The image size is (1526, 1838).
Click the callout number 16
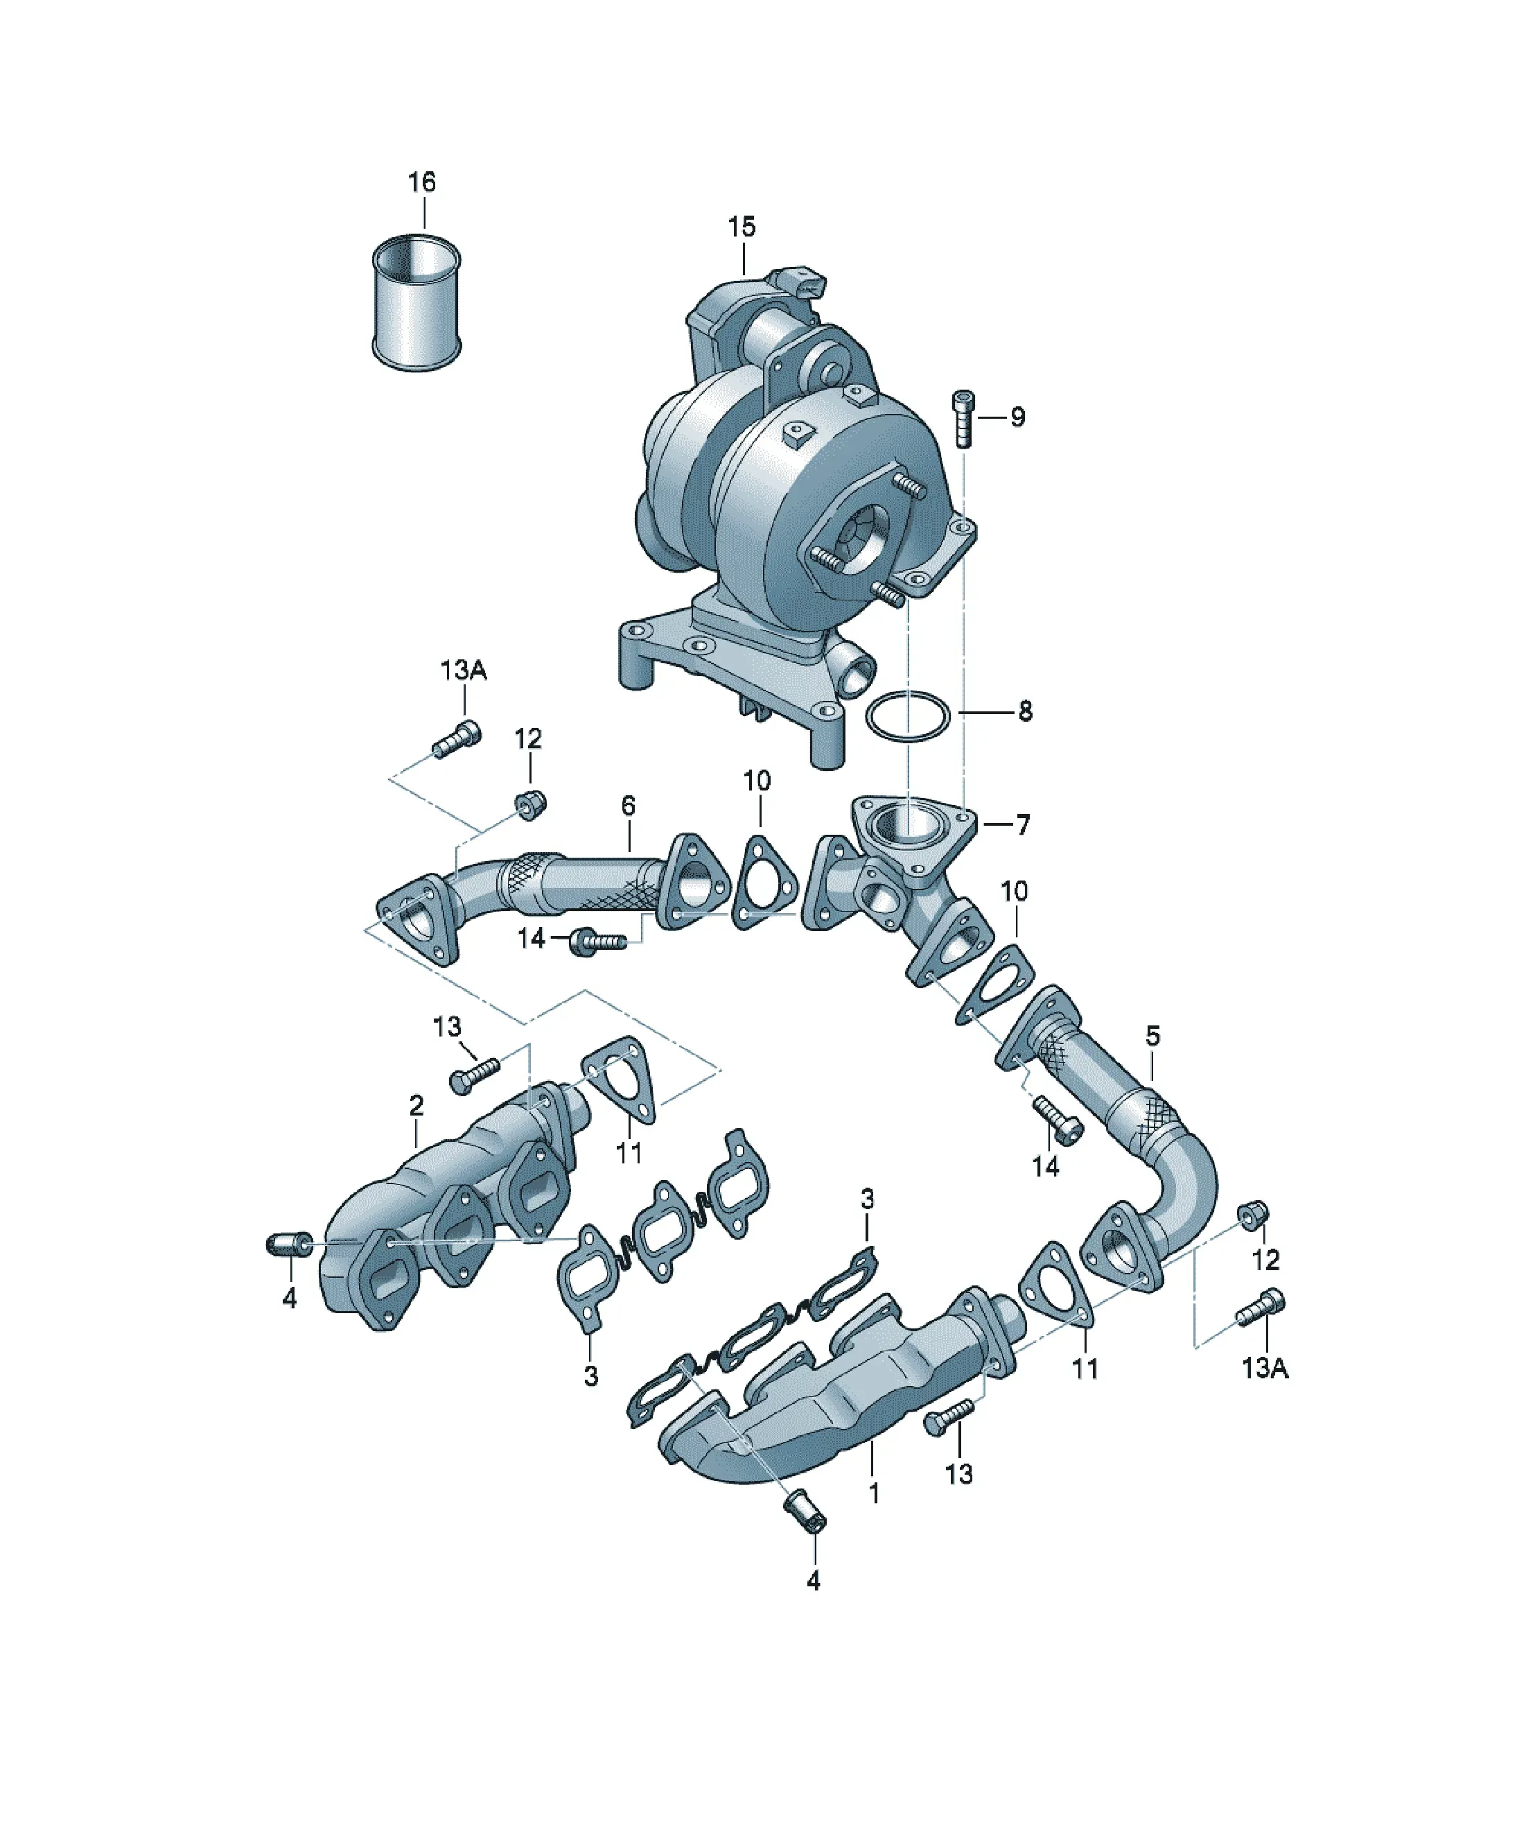422,182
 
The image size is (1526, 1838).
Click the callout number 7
1023,824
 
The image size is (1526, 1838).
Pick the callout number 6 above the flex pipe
629,806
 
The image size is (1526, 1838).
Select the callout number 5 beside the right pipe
1152,1037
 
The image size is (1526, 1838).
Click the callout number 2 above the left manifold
416,1105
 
